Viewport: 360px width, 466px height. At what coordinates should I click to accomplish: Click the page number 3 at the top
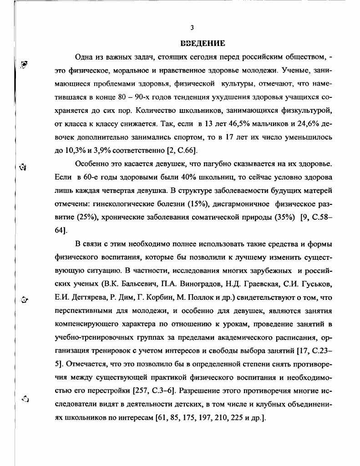tap(192, 27)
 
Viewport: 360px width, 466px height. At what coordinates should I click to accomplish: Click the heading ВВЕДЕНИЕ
tap(203, 44)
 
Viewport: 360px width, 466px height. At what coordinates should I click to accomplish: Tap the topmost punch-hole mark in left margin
tap(25, 65)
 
